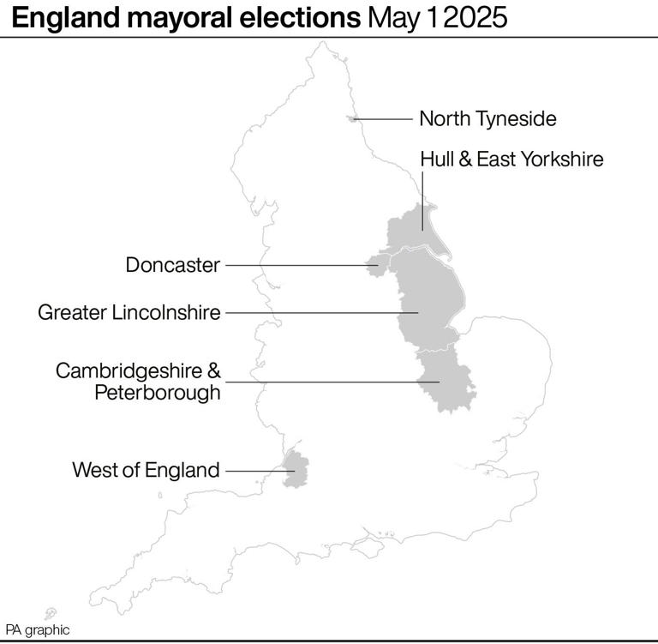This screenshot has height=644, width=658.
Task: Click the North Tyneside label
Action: (x=488, y=118)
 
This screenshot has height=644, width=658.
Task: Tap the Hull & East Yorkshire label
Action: (x=511, y=159)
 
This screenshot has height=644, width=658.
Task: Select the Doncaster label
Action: (x=173, y=265)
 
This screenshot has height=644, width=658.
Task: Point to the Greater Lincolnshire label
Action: (x=129, y=312)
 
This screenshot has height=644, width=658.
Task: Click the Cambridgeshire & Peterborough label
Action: (x=138, y=382)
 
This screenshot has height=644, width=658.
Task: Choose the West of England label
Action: (x=146, y=470)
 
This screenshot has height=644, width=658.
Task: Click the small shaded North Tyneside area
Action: (x=352, y=119)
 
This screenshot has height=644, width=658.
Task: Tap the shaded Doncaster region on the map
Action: (x=374, y=265)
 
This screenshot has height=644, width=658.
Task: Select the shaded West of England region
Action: (x=296, y=471)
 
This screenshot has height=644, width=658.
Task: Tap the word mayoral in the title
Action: (x=173, y=18)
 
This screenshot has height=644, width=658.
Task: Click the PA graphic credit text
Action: (x=37, y=629)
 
